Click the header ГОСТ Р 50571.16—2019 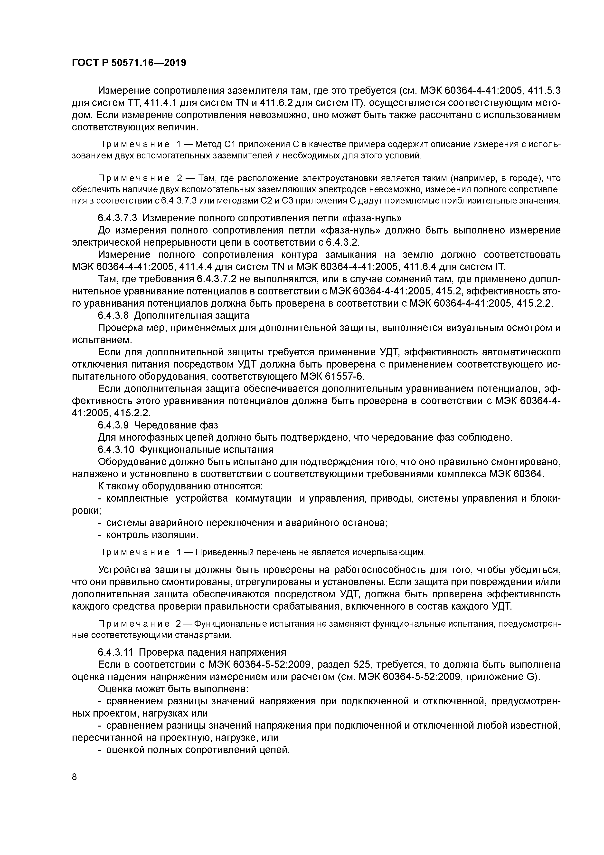pyautogui.click(x=129, y=63)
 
